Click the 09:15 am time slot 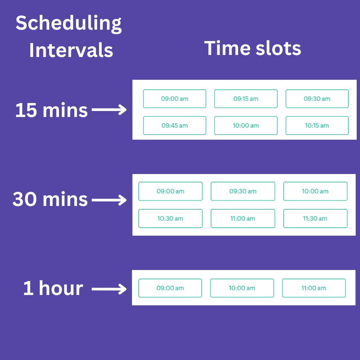coord(246,99)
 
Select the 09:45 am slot coord(174,126)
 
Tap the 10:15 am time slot coord(317,126)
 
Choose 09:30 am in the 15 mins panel coord(317,99)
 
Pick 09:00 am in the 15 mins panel coord(174,99)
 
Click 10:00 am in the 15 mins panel coord(246,126)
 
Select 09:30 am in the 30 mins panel coord(243,191)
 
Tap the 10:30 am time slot coord(170,218)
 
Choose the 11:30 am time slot coord(315,218)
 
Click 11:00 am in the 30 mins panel coord(243,218)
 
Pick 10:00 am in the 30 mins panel coord(315,191)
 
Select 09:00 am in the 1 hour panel coord(170,288)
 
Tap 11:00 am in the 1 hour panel coord(314,288)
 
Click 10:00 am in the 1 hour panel coord(242,288)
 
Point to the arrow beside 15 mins coord(109,110)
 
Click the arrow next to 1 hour coord(109,289)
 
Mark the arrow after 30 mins coord(109,200)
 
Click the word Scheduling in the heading coord(69,24)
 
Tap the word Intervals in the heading coord(71,50)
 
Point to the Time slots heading coord(253,48)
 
